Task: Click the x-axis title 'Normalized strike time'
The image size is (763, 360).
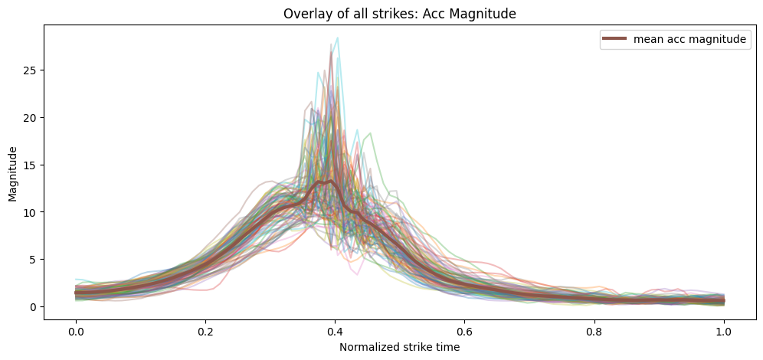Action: [x=399, y=346]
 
